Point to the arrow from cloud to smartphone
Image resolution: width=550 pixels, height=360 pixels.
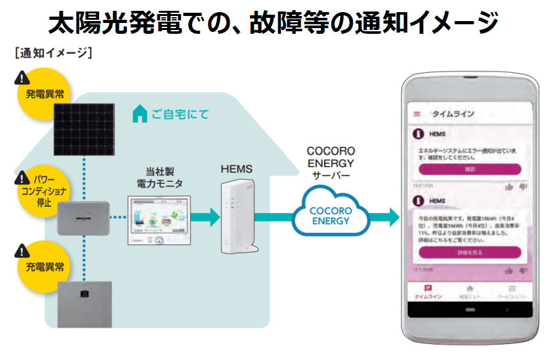click(x=386, y=216)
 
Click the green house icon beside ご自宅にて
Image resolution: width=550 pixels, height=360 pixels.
click(x=139, y=115)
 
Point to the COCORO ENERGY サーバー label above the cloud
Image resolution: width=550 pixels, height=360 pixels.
click(x=331, y=163)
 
